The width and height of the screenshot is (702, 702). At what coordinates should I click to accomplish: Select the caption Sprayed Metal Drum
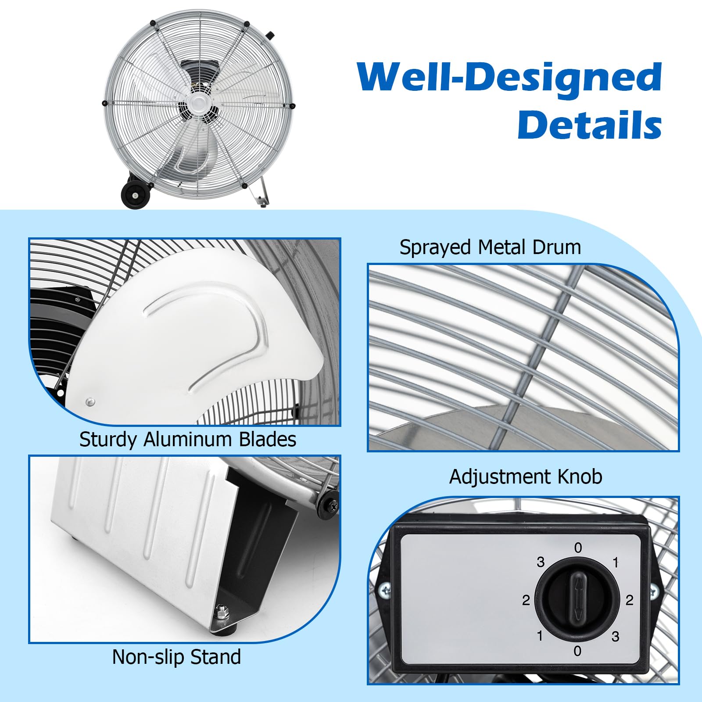point(490,247)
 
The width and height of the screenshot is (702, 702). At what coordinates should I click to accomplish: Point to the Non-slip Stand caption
point(176,657)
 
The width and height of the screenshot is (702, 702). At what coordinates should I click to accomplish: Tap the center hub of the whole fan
point(201,106)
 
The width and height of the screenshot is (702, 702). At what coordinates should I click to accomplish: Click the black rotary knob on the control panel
point(577,600)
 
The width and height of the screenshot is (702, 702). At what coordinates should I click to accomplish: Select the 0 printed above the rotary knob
point(578,548)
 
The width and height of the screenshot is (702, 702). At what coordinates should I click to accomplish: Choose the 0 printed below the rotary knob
point(577,651)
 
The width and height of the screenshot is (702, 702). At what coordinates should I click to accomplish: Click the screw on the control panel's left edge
point(384,590)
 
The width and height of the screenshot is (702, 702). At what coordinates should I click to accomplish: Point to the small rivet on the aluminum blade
point(90,401)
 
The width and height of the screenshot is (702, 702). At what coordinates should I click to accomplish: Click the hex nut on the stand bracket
point(222,610)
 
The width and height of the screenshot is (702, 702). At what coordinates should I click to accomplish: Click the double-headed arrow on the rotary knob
point(578,599)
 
